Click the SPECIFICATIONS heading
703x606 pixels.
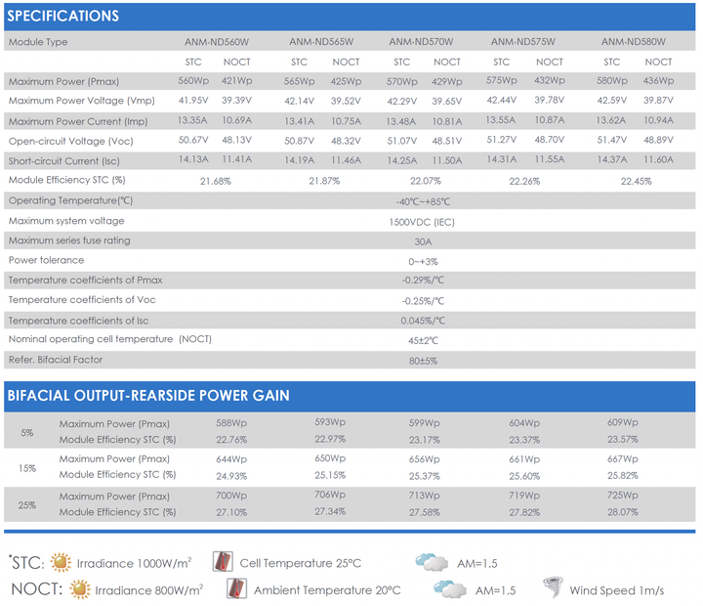[x=63, y=17]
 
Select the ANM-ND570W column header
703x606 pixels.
[x=421, y=42]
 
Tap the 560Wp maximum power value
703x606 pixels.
[x=193, y=81]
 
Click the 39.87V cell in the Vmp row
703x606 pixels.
[x=658, y=100]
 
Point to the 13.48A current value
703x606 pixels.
[x=401, y=121]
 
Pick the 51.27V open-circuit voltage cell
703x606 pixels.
[x=502, y=140]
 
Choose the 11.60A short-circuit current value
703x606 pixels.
[x=658, y=159]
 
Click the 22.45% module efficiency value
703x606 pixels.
[x=636, y=182]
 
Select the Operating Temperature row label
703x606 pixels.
[x=70, y=200]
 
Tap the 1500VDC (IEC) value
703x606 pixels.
[x=422, y=222]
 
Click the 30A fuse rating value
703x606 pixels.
[x=423, y=242]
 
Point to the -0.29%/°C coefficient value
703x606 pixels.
[x=423, y=281]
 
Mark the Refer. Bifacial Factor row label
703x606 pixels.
[x=56, y=360]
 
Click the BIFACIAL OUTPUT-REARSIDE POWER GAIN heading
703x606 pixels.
[x=148, y=396]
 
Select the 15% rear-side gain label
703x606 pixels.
[x=27, y=468]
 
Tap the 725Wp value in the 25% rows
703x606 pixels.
[x=622, y=496]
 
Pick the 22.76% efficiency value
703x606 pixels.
[x=231, y=440]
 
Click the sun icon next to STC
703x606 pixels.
[x=61, y=562]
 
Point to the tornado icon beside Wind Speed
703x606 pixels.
[x=553, y=587]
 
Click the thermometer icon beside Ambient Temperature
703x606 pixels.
[x=236, y=588]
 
